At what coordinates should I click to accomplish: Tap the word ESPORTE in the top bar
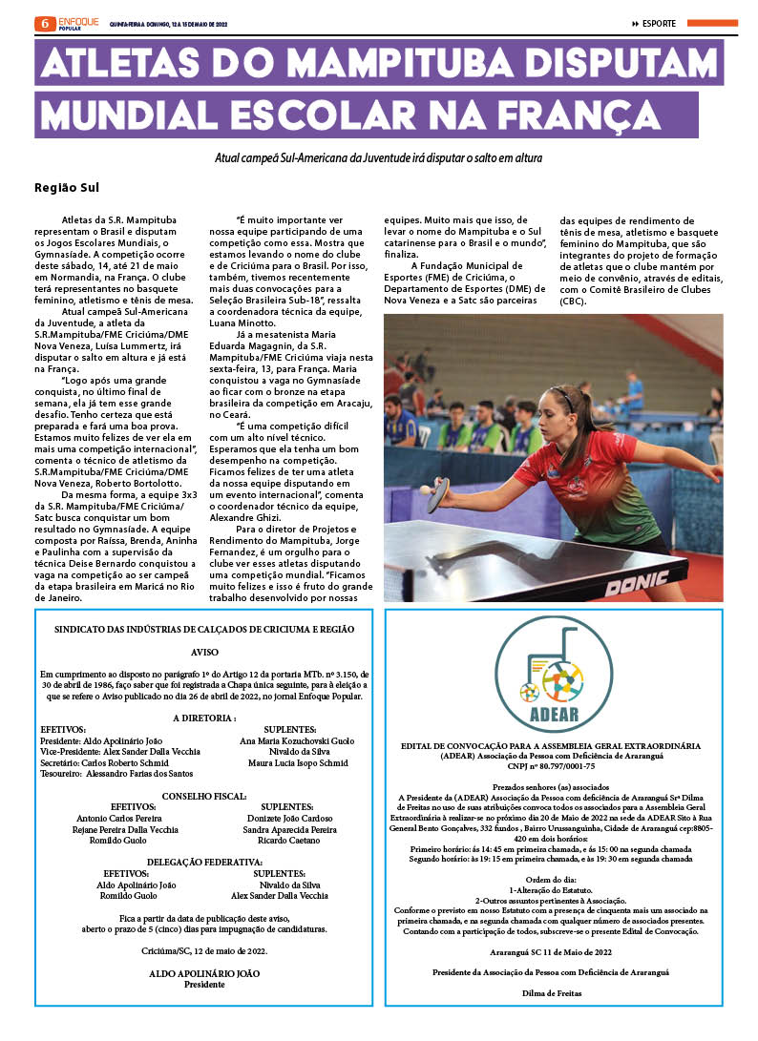(659, 24)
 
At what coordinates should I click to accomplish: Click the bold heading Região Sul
(67, 187)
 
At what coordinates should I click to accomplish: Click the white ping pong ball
(424, 489)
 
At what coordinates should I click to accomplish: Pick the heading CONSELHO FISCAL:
(204, 795)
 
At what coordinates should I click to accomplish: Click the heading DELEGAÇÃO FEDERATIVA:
(204, 862)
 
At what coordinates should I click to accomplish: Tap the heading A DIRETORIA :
(204, 718)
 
